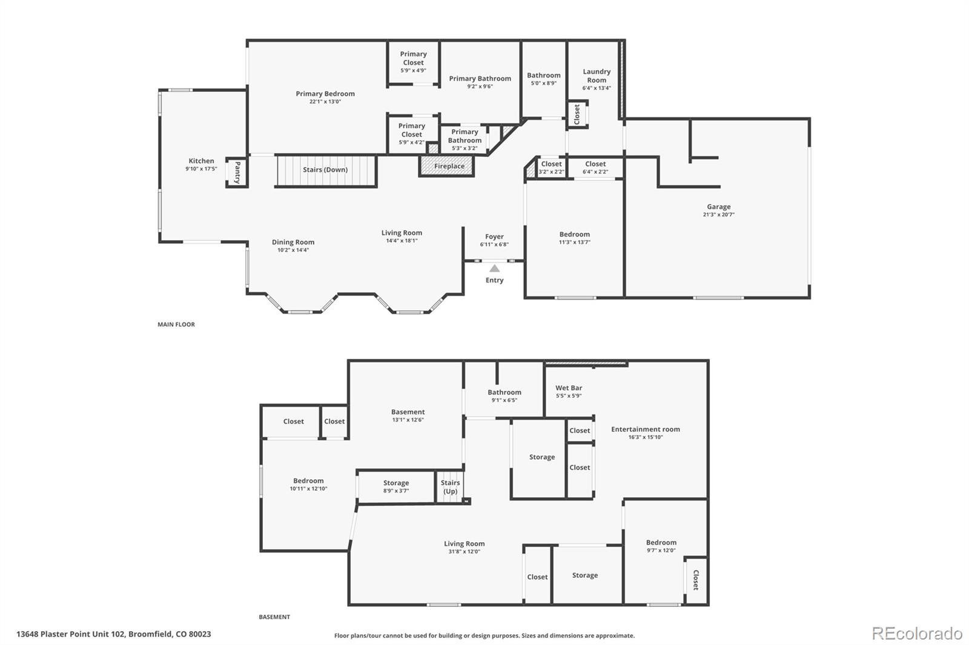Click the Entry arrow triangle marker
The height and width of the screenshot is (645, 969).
(494, 268)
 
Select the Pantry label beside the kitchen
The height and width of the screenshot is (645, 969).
(237, 172)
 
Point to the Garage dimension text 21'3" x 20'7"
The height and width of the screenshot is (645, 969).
(718, 215)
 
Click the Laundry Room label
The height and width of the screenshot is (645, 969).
(596, 76)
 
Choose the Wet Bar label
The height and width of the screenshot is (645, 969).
(569, 388)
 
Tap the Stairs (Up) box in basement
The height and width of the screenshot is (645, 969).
(450, 487)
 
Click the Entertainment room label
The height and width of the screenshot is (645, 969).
(645, 430)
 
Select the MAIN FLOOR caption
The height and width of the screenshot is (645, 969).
(176, 324)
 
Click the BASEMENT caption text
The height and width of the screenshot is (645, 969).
(274, 617)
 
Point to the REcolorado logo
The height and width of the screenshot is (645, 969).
(917, 634)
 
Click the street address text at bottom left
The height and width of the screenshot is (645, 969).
(114, 634)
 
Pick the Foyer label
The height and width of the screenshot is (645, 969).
(494, 237)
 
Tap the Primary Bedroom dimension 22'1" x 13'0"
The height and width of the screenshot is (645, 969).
(325, 102)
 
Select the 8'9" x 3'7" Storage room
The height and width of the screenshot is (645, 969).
(395, 486)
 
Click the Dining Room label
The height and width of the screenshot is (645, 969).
(293, 242)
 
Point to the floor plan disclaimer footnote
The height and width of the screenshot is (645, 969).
(484, 635)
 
